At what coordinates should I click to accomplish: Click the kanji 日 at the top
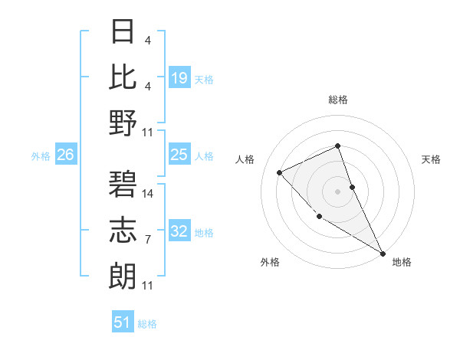click(x=124, y=31)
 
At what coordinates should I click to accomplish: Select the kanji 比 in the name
click(x=124, y=77)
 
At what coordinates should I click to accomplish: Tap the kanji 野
click(x=124, y=123)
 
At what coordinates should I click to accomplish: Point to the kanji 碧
click(x=124, y=184)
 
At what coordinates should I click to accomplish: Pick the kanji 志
click(x=124, y=230)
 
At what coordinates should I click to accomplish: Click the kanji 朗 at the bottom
click(x=124, y=276)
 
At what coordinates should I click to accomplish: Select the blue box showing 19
click(x=179, y=77)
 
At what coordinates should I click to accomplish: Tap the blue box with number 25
click(x=179, y=155)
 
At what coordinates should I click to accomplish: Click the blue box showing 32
click(x=179, y=231)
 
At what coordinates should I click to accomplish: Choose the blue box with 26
click(x=65, y=155)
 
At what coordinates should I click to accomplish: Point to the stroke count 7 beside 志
click(x=148, y=240)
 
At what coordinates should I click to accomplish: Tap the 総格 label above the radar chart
click(x=338, y=100)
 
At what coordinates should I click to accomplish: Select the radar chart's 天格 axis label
click(x=431, y=159)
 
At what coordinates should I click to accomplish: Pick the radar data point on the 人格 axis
click(x=280, y=172)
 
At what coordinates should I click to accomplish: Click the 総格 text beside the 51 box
click(x=147, y=324)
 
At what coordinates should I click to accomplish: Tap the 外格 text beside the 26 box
click(x=41, y=156)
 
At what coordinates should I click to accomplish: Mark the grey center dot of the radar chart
click(x=338, y=191)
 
